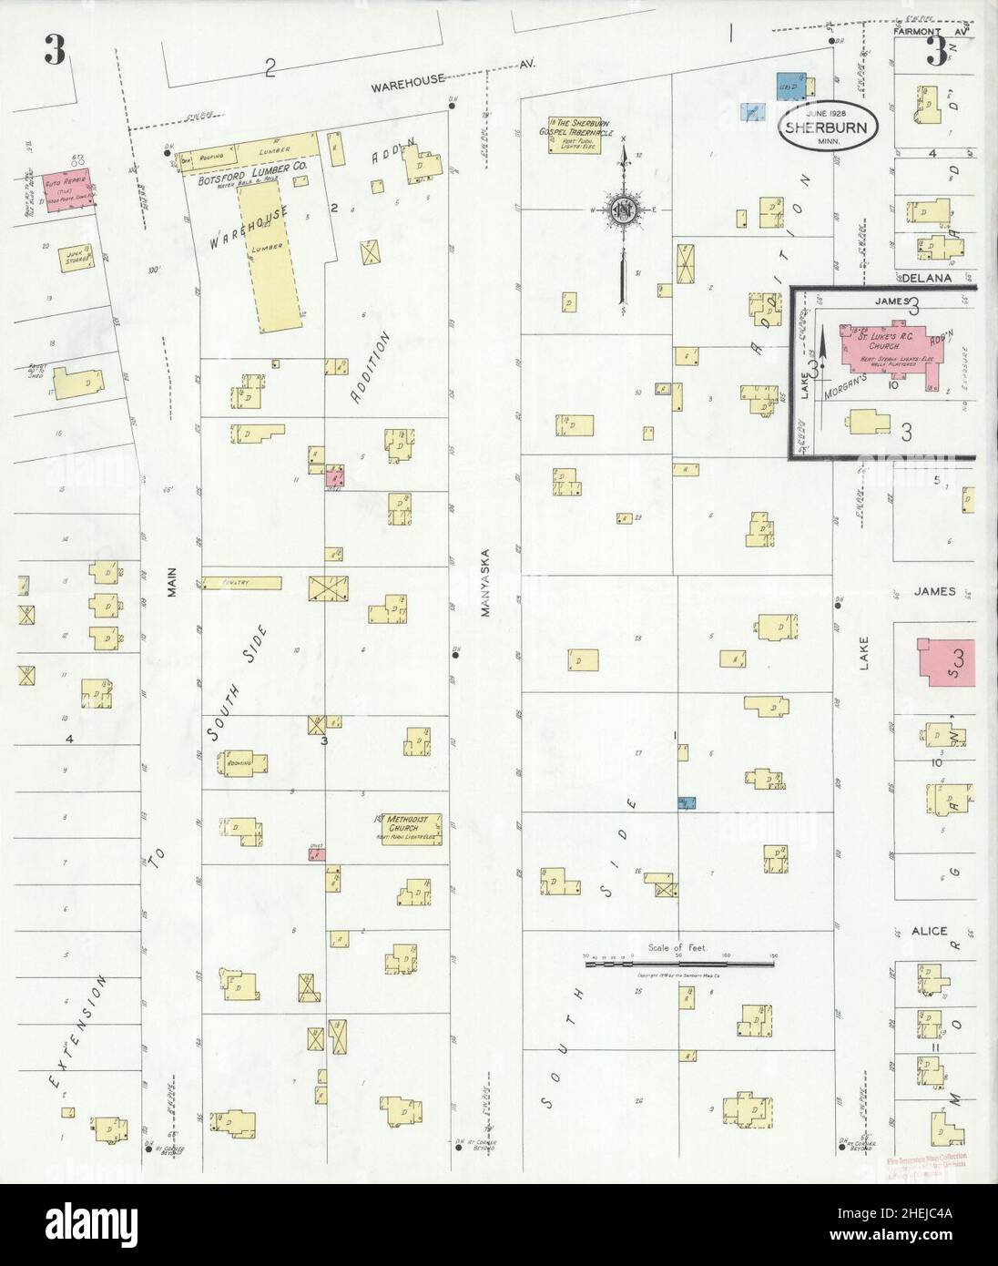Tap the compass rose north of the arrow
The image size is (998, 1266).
coord(623,209)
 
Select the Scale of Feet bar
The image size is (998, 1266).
coord(677,960)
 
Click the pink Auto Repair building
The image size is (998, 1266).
coord(64,188)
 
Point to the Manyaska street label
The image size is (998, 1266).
coord(486,584)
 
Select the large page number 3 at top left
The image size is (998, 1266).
coord(54,53)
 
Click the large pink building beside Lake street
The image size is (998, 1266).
coord(946,661)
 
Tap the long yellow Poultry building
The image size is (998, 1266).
coord(241,581)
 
